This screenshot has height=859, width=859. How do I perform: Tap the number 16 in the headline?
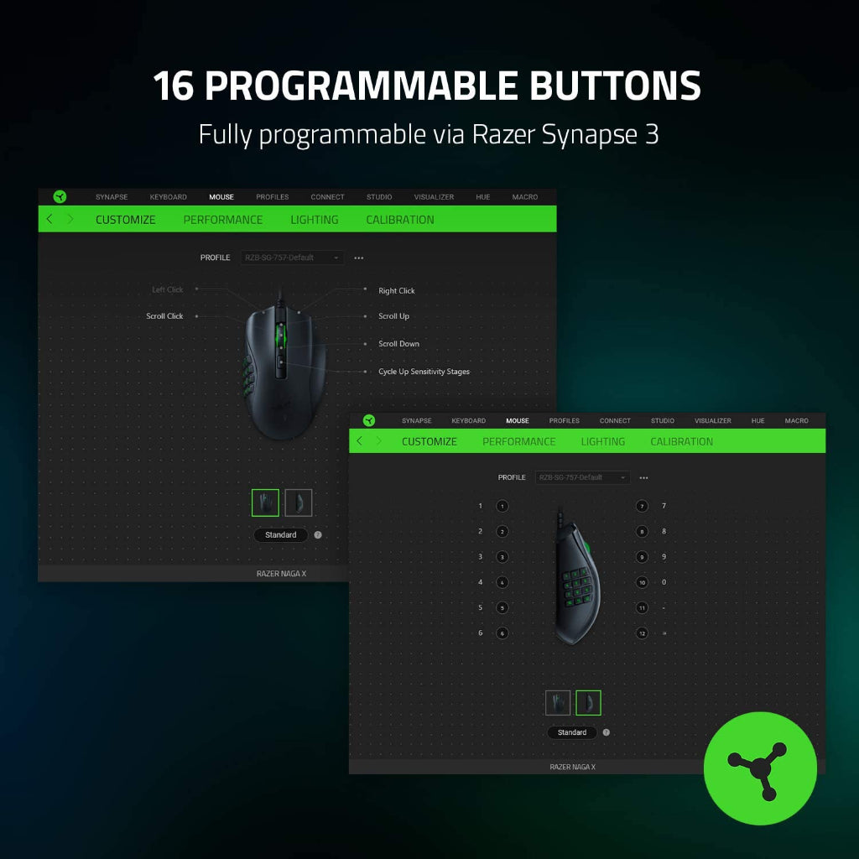pos(174,86)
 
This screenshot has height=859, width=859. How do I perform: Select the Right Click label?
pos(396,291)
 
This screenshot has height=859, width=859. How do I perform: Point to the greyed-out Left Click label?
pos(167,290)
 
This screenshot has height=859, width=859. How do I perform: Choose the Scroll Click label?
pos(164,316)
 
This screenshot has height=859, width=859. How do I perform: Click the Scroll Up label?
pos(393,316)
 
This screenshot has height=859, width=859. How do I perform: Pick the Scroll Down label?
pos(398,344)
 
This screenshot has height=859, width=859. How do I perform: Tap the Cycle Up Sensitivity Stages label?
pos(424,372)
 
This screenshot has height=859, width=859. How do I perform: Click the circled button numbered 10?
pos(642,582)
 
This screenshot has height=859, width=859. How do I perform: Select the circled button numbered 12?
pos(642,633)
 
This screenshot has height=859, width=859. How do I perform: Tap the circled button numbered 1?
pos(502,507)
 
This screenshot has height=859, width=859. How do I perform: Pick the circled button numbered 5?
pos(502,607)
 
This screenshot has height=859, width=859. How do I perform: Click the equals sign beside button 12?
pos(664,633)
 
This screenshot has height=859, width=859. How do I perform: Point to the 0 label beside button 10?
pos(664,582)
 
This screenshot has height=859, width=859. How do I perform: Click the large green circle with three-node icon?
pos(759,768)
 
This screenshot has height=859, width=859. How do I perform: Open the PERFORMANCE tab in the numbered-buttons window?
pos(518,441)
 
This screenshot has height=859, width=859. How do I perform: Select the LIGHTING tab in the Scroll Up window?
pos(315,220)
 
